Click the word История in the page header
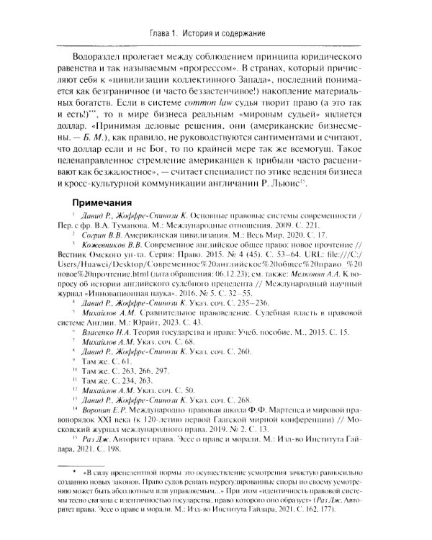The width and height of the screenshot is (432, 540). [x=197, y=34]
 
